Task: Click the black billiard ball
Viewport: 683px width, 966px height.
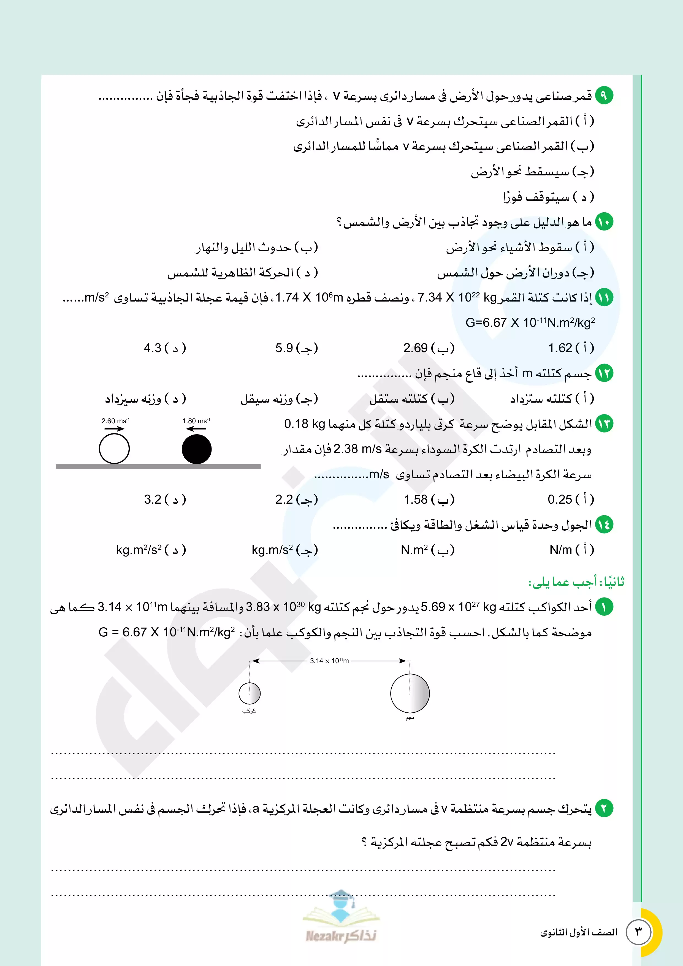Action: (x=197, y=449)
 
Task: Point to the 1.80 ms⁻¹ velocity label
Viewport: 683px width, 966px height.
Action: (x=196, y=421)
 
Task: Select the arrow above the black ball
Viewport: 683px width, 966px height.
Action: (x=196, y=429)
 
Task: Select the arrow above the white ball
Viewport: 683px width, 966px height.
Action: (x=115, y=429)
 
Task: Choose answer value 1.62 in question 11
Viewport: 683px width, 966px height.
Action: (x=560, y=348)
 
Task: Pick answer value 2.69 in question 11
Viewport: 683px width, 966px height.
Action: (x=416, y=348)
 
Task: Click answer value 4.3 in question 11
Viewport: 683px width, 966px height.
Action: (x=153, y=348)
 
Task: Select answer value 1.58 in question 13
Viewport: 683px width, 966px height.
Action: (x=416, y=500)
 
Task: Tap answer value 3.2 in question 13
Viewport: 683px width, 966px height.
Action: (x=153, y=500)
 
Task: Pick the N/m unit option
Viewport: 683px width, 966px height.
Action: (x=560, y=550)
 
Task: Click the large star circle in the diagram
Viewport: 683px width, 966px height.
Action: (x=410, y=693)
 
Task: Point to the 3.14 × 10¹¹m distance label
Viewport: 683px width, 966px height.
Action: (x=329, y=661)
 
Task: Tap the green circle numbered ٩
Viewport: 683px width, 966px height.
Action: (x=604, y=96)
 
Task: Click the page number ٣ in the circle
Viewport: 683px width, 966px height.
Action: (x=639, y=932)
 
